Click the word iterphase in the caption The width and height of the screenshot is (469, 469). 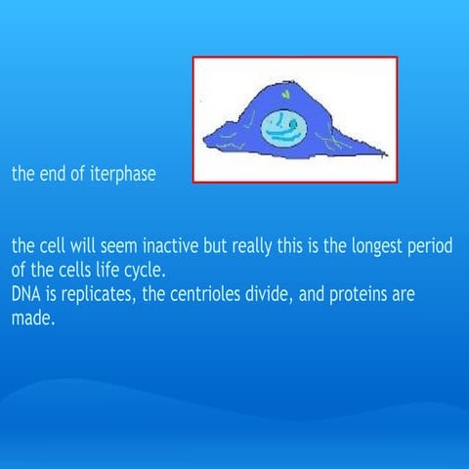pos(121,176)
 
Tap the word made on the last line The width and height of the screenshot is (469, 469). pos(31,317)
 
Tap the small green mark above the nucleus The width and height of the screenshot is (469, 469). pos(285,95)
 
